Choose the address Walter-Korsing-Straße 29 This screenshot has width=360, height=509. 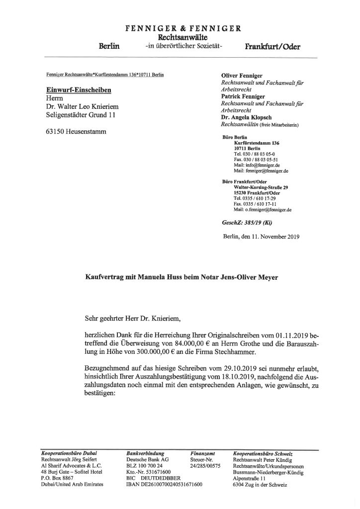coord(261,187)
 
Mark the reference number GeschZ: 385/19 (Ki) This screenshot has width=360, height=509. coord(242,223)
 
